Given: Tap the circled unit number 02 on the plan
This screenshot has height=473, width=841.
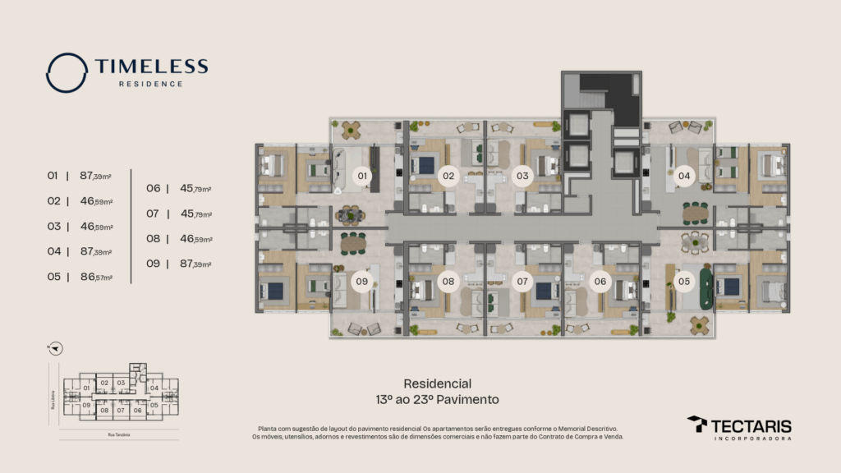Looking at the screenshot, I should pos(448,175).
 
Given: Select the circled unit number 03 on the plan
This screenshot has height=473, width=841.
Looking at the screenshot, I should pos(522,175).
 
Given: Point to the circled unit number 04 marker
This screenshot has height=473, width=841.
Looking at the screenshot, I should pos(683,175).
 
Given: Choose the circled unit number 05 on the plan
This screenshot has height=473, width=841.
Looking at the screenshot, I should pos(684,282).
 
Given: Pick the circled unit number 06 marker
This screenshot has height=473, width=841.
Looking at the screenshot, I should pos(600,282).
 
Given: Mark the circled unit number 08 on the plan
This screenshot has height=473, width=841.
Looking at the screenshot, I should pos(448,282).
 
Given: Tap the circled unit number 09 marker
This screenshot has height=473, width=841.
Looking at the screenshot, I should pos(361,282).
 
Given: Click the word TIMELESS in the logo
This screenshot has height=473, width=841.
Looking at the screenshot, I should pos(151,67).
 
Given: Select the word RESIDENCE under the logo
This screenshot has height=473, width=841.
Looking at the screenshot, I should pos(151,84).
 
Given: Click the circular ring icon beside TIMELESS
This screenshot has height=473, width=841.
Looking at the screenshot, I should pos(67,72).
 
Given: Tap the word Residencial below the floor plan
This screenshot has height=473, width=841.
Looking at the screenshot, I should pos(437,383).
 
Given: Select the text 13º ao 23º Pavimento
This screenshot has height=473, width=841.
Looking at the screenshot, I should pos(437,400).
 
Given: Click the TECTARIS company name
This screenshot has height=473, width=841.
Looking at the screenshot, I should pos(751,425).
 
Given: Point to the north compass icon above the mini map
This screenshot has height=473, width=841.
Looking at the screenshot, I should pos(54,348).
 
